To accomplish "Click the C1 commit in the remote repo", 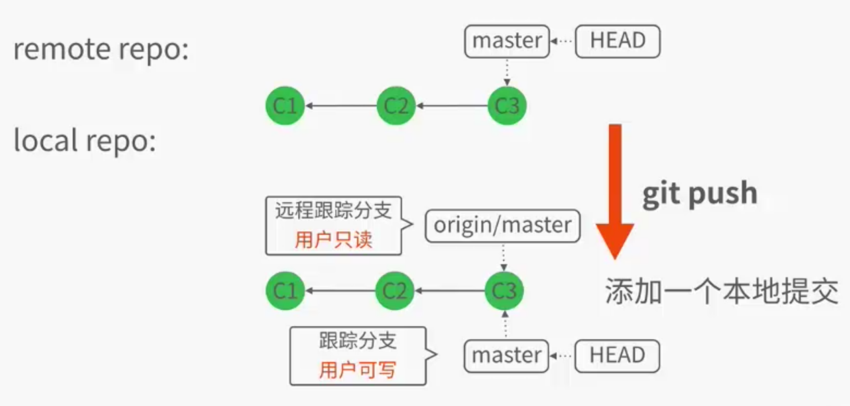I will [x=286, y=106].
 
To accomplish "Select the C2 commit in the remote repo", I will [x=396, y=106].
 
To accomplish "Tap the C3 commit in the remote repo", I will [x=507, y=106].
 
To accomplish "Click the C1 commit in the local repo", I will [x=286, y=291].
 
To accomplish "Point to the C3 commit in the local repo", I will [x=504, y=291].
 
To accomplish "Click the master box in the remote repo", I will [x=507, y=41].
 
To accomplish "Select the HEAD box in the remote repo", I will [x=617, y=41].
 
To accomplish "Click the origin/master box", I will [x=502, y=225].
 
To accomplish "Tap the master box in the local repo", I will [x=506, y=355].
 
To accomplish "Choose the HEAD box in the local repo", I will [x=617, y=355].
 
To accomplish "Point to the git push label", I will [x=700, y=194].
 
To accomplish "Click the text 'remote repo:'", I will [x=101, y=50].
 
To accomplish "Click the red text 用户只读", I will [x=333, y=240].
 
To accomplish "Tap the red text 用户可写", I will [x=357, y=370].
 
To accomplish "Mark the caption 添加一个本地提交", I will [x=721, y=292].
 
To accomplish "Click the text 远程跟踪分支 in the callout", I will [x=333, y=211].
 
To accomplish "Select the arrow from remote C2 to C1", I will [x=341, y=106].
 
